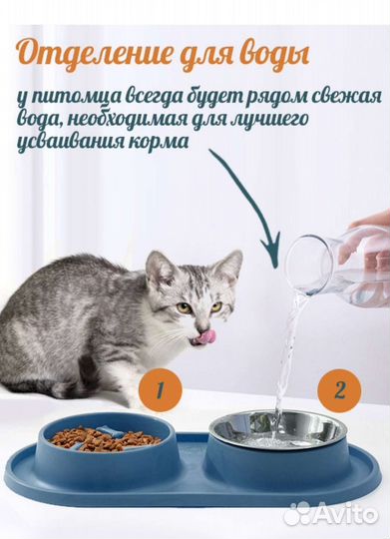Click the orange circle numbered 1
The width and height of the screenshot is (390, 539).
161,389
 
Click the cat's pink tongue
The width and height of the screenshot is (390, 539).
205,337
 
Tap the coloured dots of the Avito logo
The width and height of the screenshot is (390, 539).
296,515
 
